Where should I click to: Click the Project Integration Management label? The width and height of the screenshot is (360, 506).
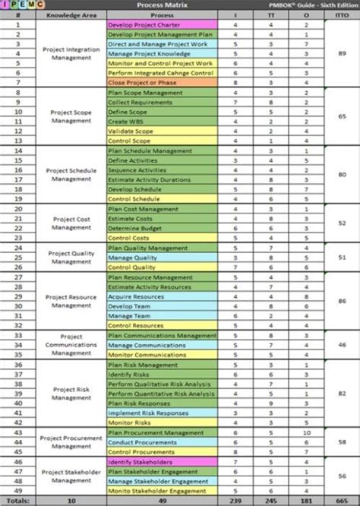[x=71, y=53]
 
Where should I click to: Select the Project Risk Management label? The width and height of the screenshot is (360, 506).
[x=71, y=392]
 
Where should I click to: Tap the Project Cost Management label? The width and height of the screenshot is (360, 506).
[x=71, y=223]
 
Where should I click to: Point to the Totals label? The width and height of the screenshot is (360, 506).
[x=18, y=500]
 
